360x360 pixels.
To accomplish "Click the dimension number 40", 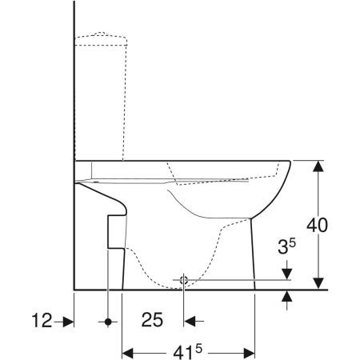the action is [x=317, y=226].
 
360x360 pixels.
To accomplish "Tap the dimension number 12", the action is [x=42, y=320].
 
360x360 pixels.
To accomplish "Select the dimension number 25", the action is [x=152, y=320].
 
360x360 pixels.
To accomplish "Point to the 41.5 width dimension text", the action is [x=187, y=351].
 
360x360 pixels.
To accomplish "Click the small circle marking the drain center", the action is [x=184, y=280].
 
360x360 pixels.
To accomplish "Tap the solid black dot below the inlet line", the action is [x=108, y=322].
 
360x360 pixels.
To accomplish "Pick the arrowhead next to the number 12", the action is [x=68, y=322].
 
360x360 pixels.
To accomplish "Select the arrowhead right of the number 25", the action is [x=190, y=322].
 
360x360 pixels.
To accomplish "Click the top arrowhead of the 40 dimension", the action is [x=318, y=166].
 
